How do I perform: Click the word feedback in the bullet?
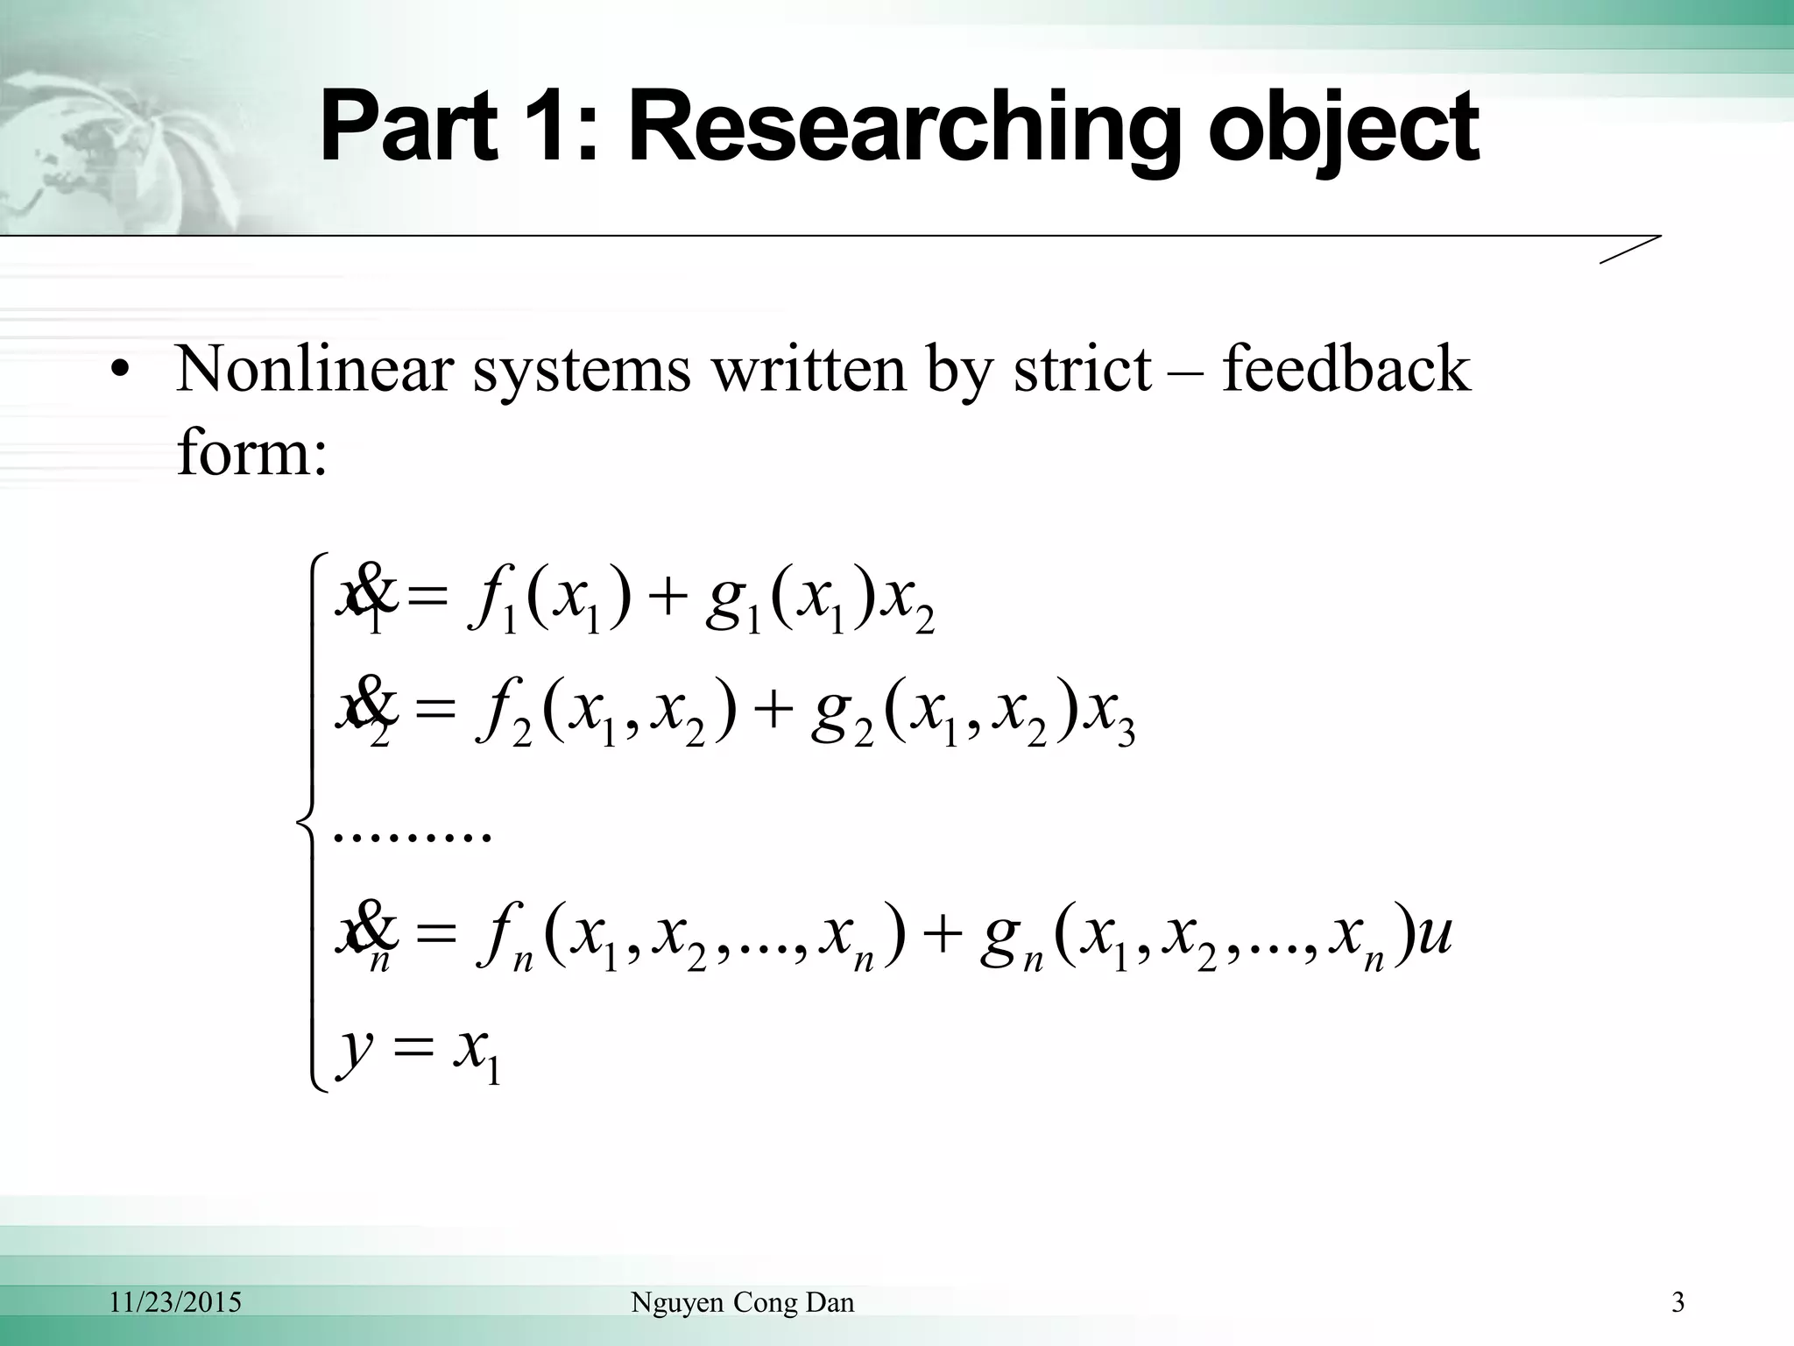tap(1346, 369)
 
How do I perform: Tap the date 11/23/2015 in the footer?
tap(175, 1303)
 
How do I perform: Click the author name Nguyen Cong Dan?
tap(742, 1303)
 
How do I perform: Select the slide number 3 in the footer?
tap(1677, 1303)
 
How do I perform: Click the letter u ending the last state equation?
tap(1434, 936)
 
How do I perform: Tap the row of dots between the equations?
tap(412, 835)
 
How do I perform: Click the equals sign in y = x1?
tap(413, 1048)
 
